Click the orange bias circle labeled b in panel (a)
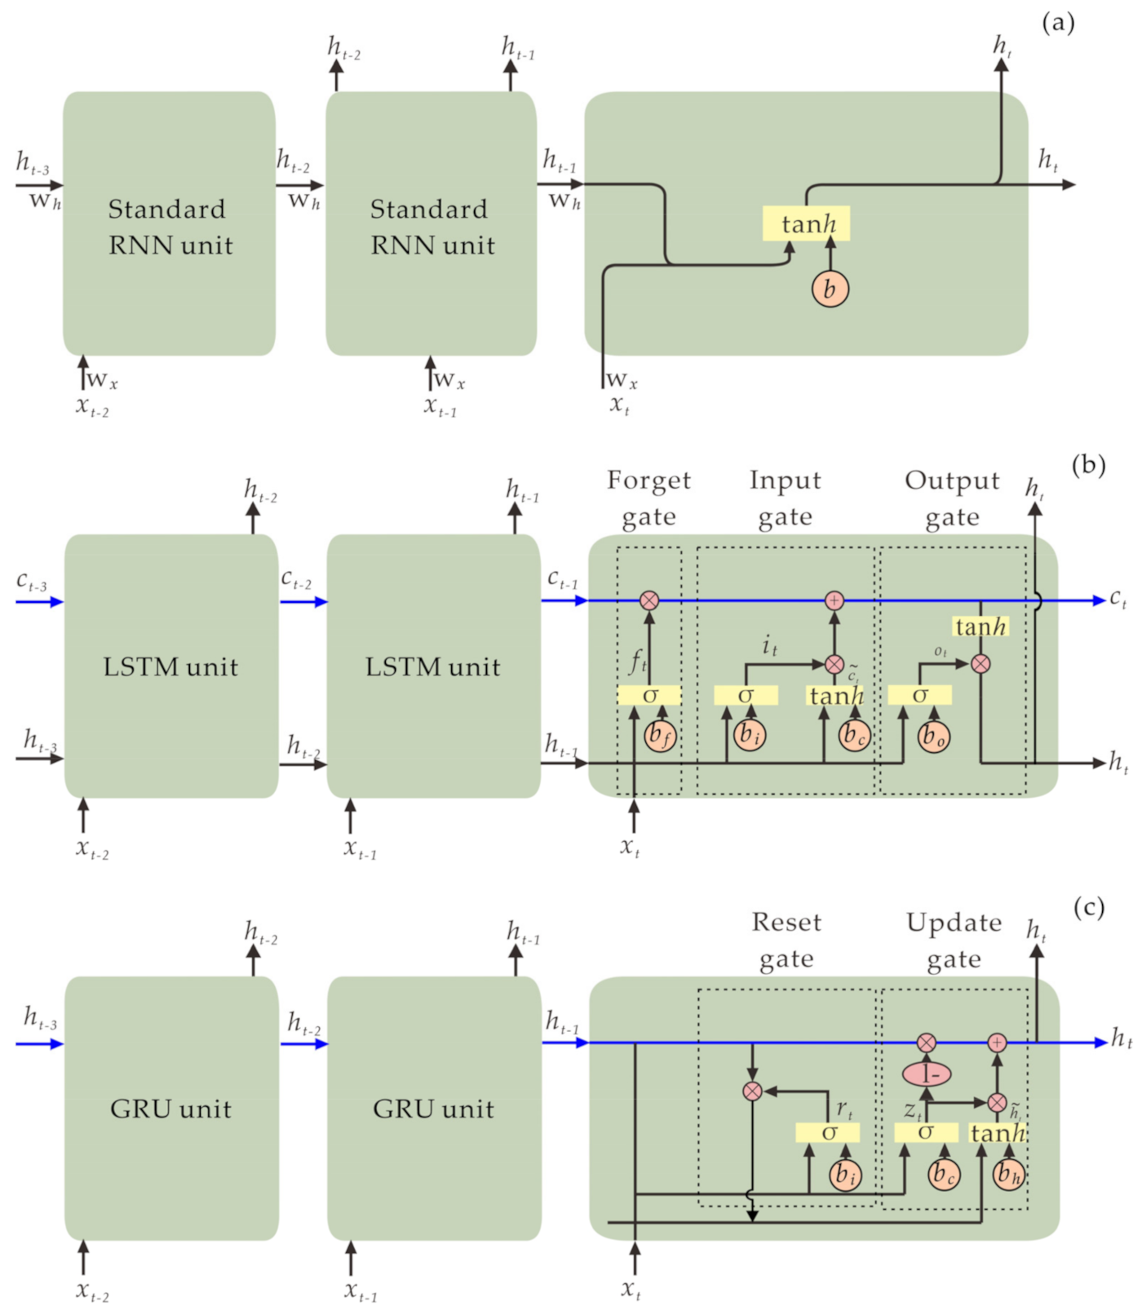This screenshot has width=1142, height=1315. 830,289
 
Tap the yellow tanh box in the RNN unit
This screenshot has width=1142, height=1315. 806,224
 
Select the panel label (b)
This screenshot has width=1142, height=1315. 1088,465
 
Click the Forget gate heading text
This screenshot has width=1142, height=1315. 648,498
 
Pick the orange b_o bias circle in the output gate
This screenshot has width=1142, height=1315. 932,737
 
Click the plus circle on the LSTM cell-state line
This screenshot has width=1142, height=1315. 834,601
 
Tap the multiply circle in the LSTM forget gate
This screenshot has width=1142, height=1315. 648,601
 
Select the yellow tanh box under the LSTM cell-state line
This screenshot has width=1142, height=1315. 980,627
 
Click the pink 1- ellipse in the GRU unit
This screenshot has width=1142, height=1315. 927,1074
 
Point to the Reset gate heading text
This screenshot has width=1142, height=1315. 786,940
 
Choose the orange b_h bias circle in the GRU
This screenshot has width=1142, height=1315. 1009,1174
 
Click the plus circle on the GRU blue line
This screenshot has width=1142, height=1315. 996,1043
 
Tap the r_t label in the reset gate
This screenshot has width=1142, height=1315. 844,1109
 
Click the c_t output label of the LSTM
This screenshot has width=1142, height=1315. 1118,600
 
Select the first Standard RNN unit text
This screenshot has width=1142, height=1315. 170,227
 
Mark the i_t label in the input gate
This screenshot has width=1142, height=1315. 769,647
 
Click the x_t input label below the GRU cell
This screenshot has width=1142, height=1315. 631,1291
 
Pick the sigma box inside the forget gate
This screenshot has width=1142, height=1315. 649,696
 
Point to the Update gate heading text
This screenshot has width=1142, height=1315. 954,940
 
